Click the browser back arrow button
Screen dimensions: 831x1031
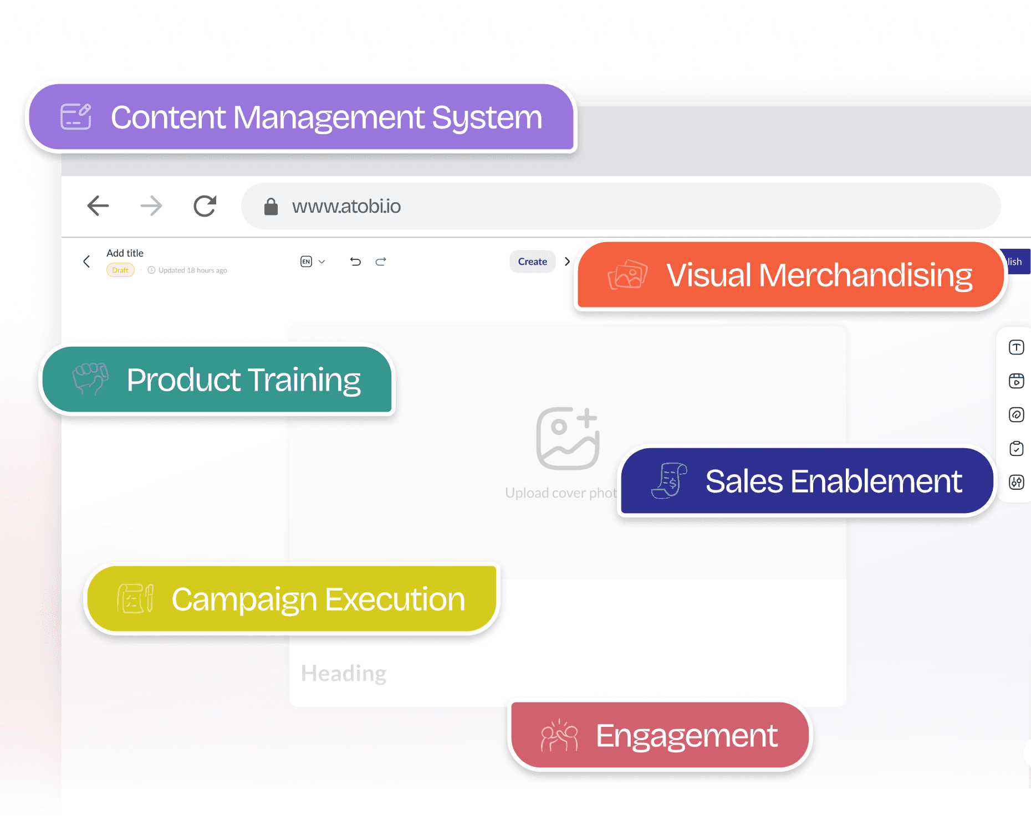pyautogui.click(x=98, y=206)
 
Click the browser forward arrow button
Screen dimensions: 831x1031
pyautogui.click(x=151, y=206)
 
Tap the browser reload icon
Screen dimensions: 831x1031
pyautogui.click(x=205, y=206)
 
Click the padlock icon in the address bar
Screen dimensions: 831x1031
pyautogui.click(x=270, y=206)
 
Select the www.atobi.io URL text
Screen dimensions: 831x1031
pyautogui.click(x=346, y=206)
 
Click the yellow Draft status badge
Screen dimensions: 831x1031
pyautogui.click(x=120, y=270)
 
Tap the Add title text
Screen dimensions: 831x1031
pyautogui.click(x=125, y=253)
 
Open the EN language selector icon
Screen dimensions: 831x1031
pyautogui.click(x=307, y=261)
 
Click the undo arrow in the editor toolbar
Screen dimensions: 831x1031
pyautogui.click(x=355, y=261)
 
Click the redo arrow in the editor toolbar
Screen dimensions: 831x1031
pyautogui.click(x=381, y=261)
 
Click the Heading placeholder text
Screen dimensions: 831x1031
pyautogui.click(x=344, y=674)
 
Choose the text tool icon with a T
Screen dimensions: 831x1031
pyautogui.click(x=1016, y=347)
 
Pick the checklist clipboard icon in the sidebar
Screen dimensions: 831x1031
pyautogui.click(x=1016, y=448)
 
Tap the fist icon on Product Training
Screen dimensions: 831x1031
pyautogui.click(x=90, y=379)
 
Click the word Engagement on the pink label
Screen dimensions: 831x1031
pyautogui.click(x=686, y=736)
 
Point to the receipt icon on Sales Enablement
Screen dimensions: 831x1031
pyautogui.click(x=670, y=480)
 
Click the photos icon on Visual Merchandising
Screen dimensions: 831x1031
pyautogui.click(x=627, y=275)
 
